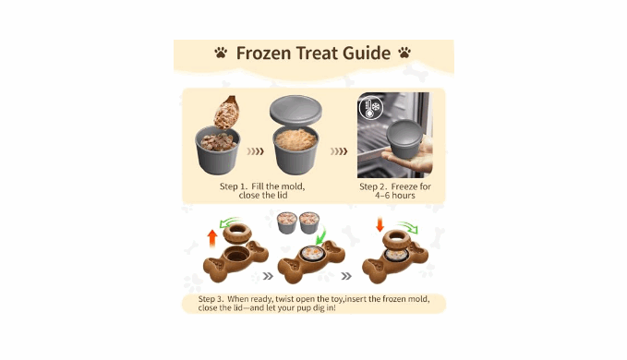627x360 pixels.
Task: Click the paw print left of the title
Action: pos(221,53)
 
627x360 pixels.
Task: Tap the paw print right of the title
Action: pos(404,53)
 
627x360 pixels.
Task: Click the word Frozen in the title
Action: pos(262,54)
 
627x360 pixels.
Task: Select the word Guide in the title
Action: pos(367,54)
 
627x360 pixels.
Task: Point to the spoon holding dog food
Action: pos(227,112)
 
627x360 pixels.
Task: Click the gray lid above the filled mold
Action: pos(295,110)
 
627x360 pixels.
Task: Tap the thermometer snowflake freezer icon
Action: pos(370,107)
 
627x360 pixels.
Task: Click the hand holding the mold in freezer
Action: pos(412,154)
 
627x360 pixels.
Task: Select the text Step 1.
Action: pos(234,186)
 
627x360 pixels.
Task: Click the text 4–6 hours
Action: pos(395,196)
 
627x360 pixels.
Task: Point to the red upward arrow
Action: pos(212,238)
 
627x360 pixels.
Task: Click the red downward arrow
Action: pos(380,224)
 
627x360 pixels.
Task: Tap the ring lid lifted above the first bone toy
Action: pos(237,233)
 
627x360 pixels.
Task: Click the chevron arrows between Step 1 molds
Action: pos(255,151)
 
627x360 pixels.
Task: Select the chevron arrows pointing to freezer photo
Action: pos(339,151)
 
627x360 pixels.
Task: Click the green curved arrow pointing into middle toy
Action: pos(322,235)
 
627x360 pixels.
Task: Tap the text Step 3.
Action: pos(211,299)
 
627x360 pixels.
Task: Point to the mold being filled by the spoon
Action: pos(218,150)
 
